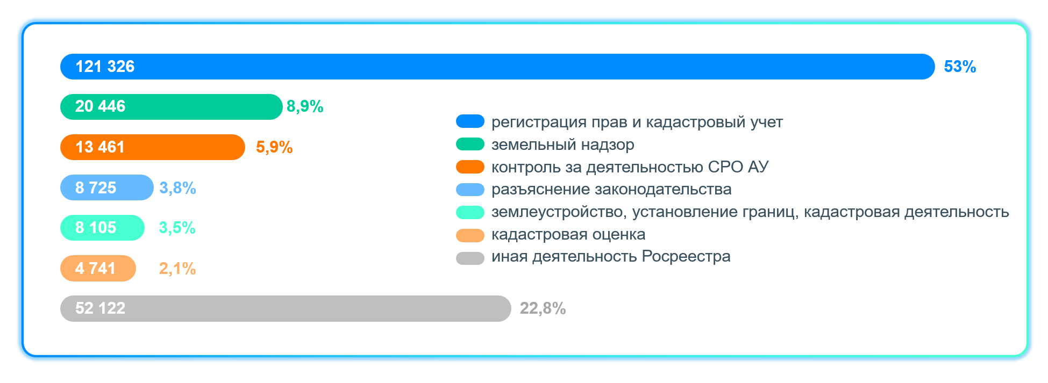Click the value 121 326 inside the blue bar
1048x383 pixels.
[105, 67]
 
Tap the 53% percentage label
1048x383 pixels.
[960, 67]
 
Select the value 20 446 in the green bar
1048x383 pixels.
[100, 106]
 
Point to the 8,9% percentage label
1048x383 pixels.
[305, 106]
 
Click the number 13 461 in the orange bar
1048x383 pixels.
[100, 147]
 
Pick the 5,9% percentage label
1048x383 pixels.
[274, 147]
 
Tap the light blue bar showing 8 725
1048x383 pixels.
[107, 187]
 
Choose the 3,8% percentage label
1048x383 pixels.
[177, 188]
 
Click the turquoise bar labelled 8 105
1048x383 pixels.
[102, 228]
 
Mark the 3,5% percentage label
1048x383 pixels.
[177, 228]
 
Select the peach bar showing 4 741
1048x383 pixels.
[98, 268]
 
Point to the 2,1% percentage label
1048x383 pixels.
[177, 269]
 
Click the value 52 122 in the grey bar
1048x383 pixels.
[100, 308]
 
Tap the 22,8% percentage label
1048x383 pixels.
[543, 308]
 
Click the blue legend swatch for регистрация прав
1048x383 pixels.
[470, 121]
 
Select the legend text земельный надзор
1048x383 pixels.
[563, 144]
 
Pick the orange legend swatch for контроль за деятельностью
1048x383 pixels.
[470, 167]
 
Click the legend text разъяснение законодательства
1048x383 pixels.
[611, 189]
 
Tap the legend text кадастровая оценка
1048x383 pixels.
[568, 235]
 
